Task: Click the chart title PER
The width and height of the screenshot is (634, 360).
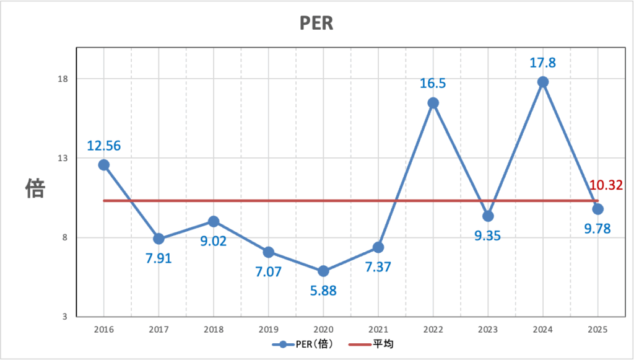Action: pyautogui.click(x=316, y=23)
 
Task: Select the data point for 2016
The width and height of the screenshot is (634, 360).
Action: pyautogui.click(x=103, y=165)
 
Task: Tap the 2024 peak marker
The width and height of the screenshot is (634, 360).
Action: pyautogui.click(x=543, y=82)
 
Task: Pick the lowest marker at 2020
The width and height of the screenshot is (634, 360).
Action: pyautogui.click(x=323, y=271)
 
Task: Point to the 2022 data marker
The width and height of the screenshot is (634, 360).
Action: pyautogui.click(x=433, y=103)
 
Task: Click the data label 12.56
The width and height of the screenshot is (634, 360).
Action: pyautogui.click(x=103, y=146)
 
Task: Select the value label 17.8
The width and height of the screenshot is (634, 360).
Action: pyautogui.click(x=543, y=63)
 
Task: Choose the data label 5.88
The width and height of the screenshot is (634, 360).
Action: pyautogui.click(x=323, y=290)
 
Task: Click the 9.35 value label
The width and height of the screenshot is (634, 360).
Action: pyautogui.click(x=488, y=235)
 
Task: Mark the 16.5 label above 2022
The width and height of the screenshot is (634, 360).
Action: pyautogui.click(x=433, y=84)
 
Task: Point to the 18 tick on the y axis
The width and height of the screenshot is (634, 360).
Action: pyautogui.click(x=63, y=79)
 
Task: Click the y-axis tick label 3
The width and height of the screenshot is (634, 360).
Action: pyautogui.click(x=65, y=317)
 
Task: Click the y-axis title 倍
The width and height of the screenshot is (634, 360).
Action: pyautogui.click(x=35, y=188)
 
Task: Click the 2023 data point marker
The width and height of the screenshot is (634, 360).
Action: pyautogui.click(x=488, y=216)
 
